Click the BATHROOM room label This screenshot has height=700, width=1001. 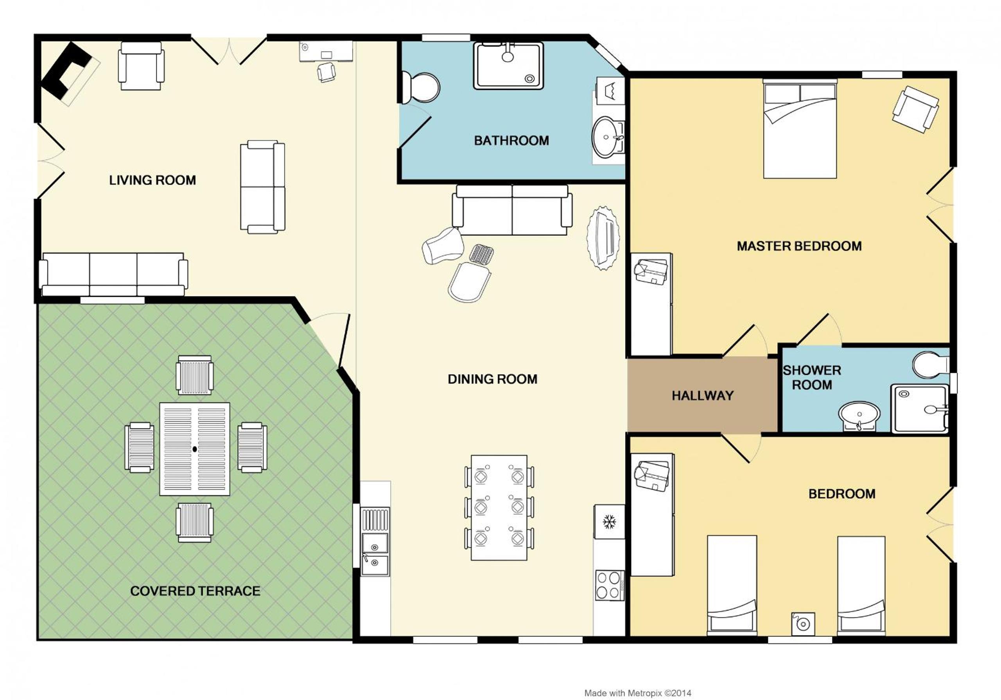(511, 140)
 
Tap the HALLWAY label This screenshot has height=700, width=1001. (702, 396)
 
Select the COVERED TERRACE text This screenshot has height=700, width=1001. (196, 591)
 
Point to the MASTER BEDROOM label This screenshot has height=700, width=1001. (799, 246)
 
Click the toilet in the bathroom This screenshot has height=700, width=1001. (420, 88)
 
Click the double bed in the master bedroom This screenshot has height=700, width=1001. (800, 129)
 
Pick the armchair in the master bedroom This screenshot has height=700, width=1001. (915, 109)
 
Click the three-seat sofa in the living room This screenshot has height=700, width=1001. (113, 275)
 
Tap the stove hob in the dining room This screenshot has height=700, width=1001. (610, 585)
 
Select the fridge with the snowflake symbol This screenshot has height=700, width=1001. (609, 521)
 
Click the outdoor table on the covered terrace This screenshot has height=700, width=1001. (195, 449)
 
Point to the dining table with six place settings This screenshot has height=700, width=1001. (499, 507)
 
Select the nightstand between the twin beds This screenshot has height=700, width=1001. (804, 624)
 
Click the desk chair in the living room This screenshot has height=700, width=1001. (326, 72)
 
